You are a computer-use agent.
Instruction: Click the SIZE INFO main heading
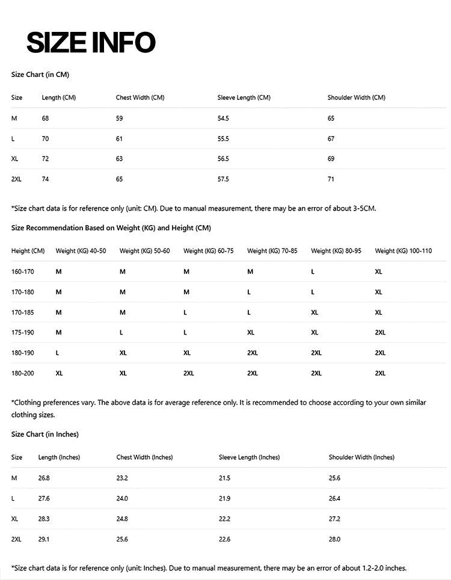coord(91,42)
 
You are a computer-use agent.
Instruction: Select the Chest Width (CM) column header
coord(140,97)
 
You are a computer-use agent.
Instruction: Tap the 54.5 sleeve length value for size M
coord(223,119)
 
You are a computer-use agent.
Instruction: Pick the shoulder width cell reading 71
coord(331,179)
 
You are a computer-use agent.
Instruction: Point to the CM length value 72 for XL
coord(45,159)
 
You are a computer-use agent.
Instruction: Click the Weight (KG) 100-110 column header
coord(403,251)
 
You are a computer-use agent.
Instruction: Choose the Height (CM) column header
coord(28,251)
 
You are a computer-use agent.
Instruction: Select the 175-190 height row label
coord(23,333)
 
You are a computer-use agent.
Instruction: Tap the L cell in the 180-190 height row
coord(57,353)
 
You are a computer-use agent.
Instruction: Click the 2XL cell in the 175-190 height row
coord(380,333)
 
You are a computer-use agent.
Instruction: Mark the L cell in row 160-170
coord(313,272)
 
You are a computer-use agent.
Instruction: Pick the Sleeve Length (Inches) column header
coord(249,457)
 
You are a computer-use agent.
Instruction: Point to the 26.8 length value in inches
coord(44,478)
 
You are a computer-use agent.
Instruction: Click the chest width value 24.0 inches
coord(122,499)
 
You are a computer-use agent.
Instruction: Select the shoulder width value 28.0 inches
coord(334,540)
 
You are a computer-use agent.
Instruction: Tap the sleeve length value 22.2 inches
coord(224,519)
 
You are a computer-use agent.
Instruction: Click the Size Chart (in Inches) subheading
coord(45,434)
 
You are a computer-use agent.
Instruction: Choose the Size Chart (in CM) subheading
coord(40,75)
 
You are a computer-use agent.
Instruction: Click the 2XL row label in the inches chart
coord(16,540)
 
